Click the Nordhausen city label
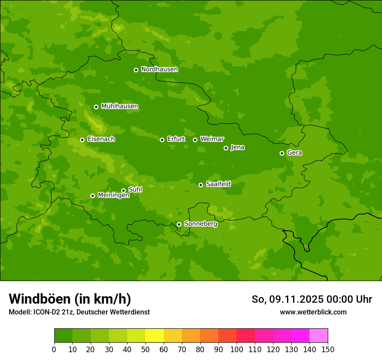coord(159,69)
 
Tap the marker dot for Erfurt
coord(162,140)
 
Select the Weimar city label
coord(212,139)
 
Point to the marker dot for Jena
coord(226,148)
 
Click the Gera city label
coord(294,153)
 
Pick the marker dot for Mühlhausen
coord(96,107)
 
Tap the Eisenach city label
coord(101,139)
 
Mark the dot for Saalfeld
coord(201,185)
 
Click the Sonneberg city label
coord(201,224)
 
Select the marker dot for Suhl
coord(123,190)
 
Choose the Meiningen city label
coord(113,196)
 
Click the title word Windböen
coord(40,299)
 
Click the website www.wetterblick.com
coord(313,312)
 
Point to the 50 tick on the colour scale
coord(145,349)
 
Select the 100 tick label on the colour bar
coord(237,349)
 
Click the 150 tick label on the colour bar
coord(327,349)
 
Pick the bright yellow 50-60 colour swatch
coord(155,336)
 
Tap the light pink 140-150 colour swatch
coord(319,336)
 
